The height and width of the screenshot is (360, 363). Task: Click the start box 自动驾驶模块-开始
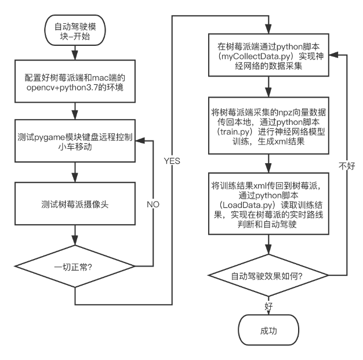tap(75, 31)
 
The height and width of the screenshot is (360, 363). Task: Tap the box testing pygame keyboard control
tap(75, 142)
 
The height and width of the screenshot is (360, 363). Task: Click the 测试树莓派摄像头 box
tap(75, 204)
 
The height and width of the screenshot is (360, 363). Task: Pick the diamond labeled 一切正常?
tap(75, 268)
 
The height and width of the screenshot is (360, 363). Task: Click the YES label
tap(172, 161)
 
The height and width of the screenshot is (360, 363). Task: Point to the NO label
tap(153, 204)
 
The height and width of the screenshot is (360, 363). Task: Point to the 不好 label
tap(346, 166)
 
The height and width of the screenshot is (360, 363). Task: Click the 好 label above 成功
tap(268, 305)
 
